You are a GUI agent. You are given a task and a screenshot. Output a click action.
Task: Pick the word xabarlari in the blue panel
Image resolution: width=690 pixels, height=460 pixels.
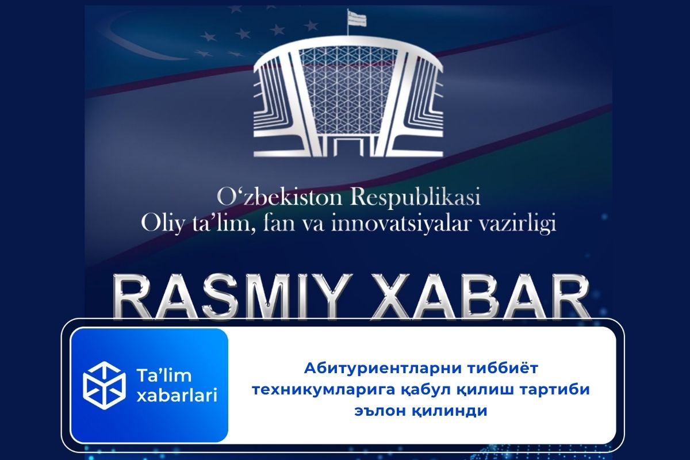[x=175, y=396]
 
